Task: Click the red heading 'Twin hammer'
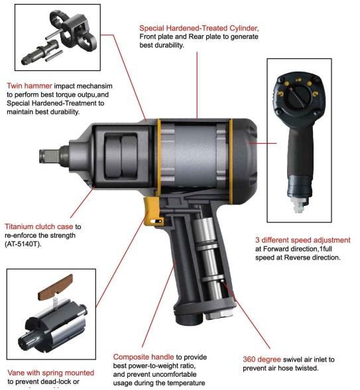[x=28, y=85]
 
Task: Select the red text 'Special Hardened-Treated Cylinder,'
[x=198, y=28]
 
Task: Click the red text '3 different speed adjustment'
[x=302, y=240]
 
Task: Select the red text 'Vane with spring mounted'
[x=50, y=373]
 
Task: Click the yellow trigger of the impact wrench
[x=154, y=213]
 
